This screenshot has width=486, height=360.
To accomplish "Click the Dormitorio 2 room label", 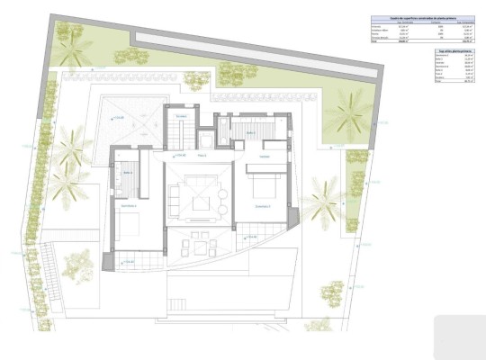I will [x=130, y=206].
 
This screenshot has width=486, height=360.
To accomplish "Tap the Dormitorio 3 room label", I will [x=263, y=205].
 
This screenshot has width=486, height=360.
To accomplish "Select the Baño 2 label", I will [x=127, y=172].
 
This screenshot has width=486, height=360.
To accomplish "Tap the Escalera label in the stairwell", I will [x=181, y=118].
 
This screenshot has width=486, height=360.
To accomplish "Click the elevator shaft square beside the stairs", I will [x=206, y=139].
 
